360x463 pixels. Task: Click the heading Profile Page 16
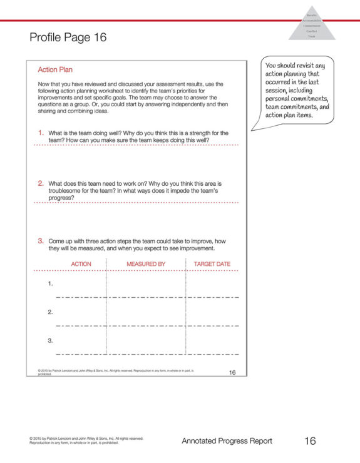(x=68, y=38)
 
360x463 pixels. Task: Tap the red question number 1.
(x=41, y=133)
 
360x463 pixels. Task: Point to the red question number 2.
(x=41, y=183)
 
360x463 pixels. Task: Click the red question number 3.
(x=41, y=240)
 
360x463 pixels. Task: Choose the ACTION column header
(x=81, y=264)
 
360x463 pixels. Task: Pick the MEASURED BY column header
(x=146, y=264)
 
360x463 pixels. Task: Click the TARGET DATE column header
(x=212, y=264)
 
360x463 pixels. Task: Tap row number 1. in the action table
(x=51, y=283)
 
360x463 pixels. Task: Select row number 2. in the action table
(x=51, y=312)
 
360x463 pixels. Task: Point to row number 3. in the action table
(x=51, y=340)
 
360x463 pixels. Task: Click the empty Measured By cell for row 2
(x=146, y=313)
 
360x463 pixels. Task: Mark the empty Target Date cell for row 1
(x=212, y=285)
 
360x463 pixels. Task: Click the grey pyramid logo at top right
(x=311, y=25)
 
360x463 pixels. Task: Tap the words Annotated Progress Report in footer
(x=227, y=441)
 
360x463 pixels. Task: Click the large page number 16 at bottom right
(x=310, y=440)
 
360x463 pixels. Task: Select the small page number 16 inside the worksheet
(x=232, y=372)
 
